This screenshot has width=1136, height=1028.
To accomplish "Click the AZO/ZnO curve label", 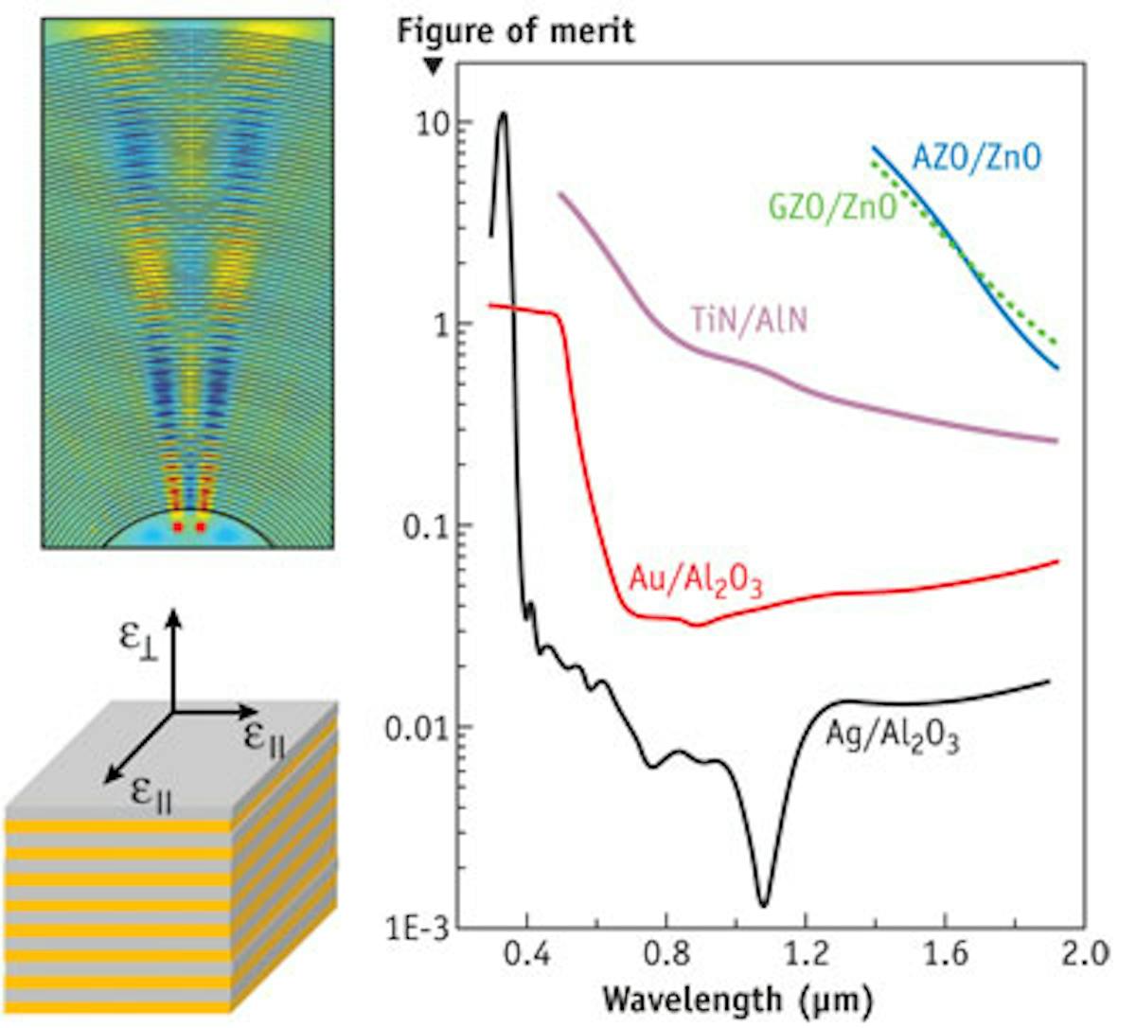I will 976,156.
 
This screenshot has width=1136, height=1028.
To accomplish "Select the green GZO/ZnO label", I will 832,207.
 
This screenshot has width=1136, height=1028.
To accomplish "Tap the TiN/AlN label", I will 748,321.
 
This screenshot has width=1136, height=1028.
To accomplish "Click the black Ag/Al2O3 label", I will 893,736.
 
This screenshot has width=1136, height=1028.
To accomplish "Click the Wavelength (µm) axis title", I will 737,999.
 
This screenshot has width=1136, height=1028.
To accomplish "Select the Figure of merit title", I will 516,31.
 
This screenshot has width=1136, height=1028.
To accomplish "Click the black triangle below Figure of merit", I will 433,65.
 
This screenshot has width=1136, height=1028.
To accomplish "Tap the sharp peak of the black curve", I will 503,114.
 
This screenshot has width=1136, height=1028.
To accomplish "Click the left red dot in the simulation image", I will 177,525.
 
